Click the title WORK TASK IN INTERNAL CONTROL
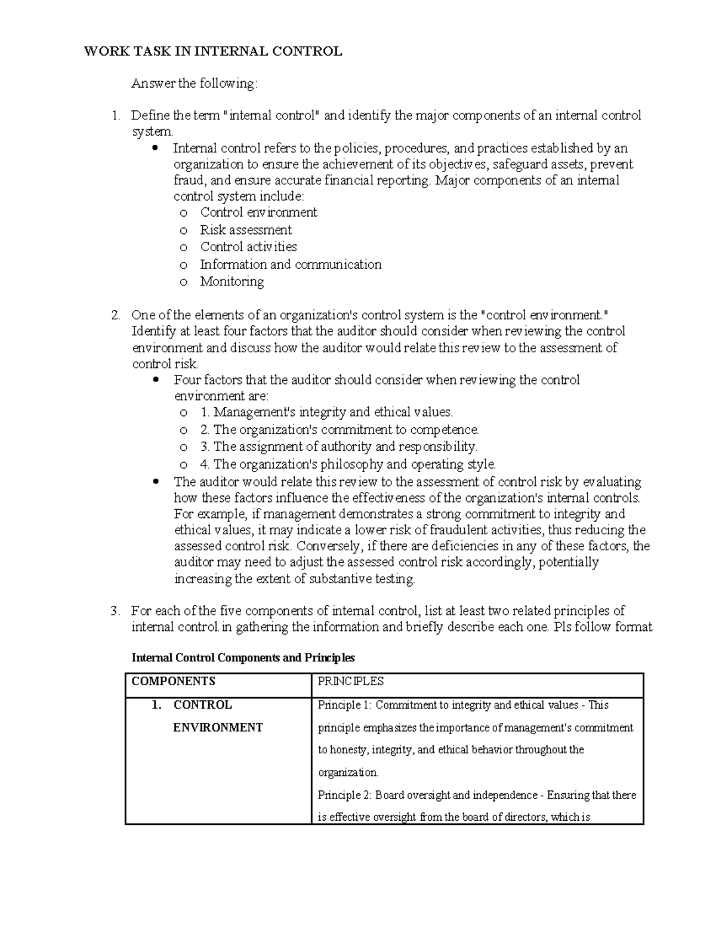213,51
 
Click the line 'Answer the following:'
195,84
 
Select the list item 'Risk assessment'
246,230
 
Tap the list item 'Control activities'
248,247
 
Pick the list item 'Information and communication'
291,264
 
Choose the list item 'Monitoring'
232,282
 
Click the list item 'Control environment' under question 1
258,212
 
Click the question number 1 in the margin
116,116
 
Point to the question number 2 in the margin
116,315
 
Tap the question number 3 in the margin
116,611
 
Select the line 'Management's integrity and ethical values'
333,412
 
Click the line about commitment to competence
345,430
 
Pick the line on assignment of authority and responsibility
345,447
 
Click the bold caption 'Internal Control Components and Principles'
243,658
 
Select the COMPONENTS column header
173,682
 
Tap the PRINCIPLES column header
350,682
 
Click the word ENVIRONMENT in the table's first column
218,728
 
